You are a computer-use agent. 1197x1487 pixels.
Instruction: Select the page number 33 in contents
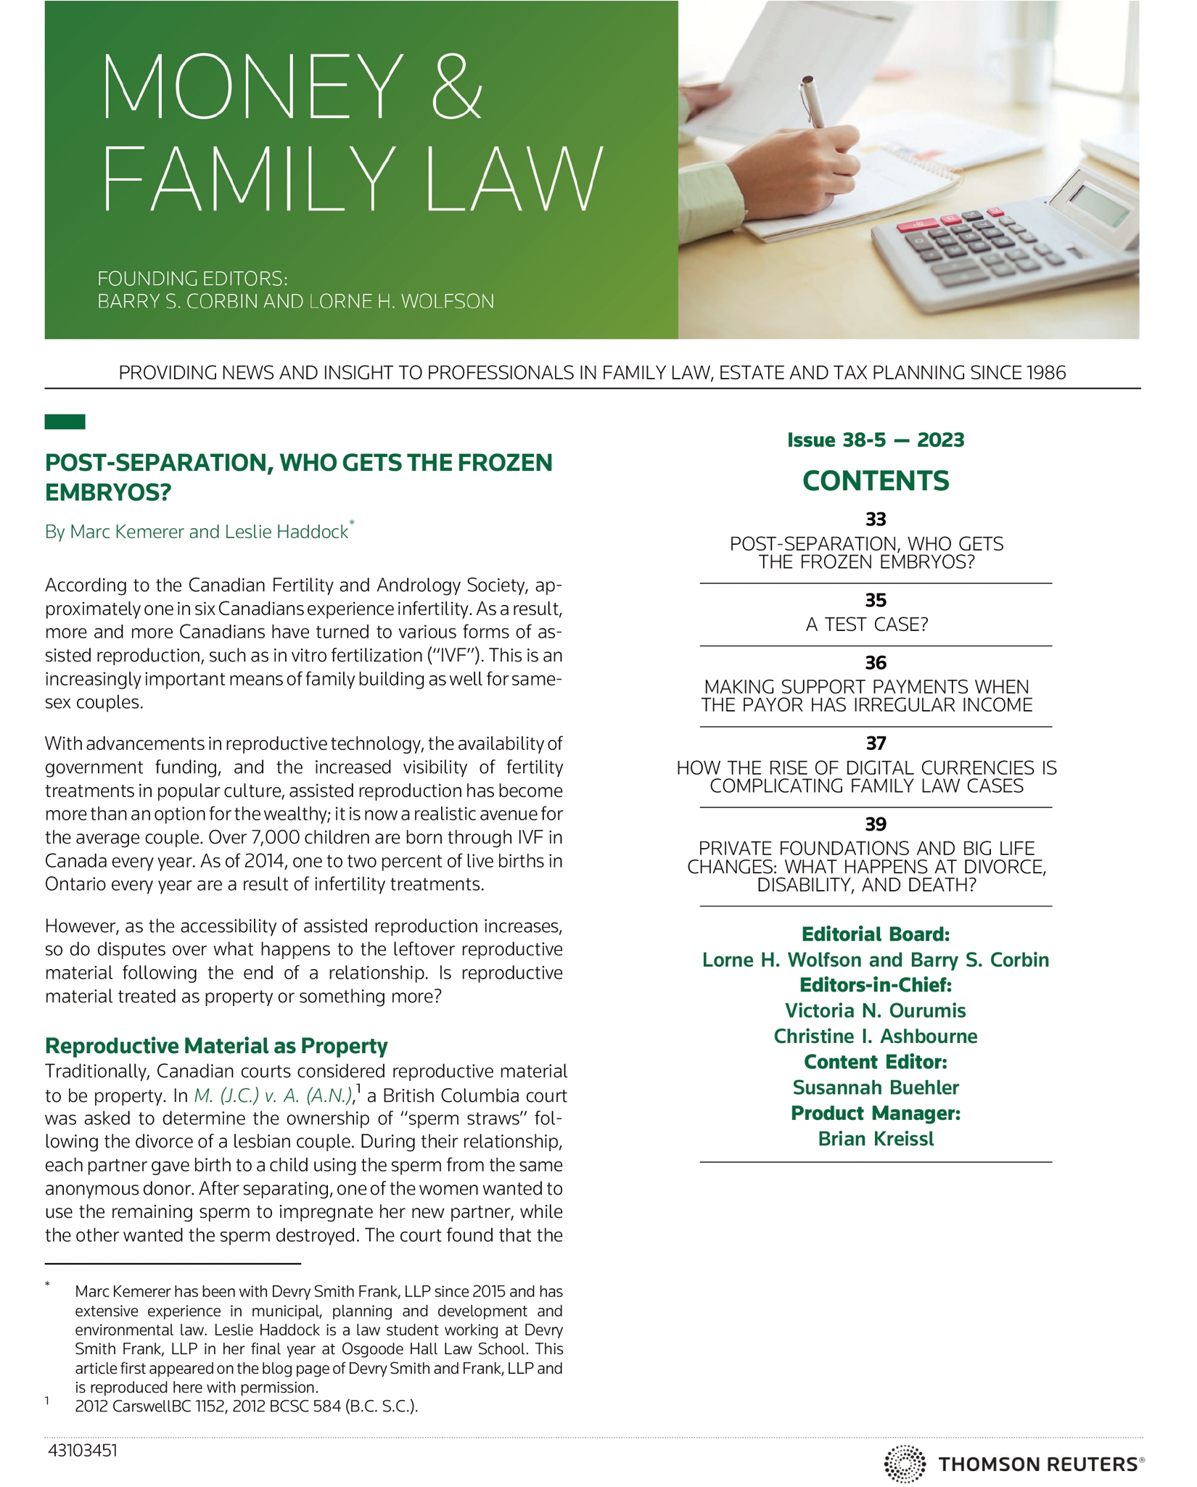coord(876,519)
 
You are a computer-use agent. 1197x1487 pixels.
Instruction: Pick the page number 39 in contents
coord(876,824)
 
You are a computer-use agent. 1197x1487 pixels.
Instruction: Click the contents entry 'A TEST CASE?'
coord(867,625)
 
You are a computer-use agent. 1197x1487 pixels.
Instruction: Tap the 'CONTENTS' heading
coord(876,481)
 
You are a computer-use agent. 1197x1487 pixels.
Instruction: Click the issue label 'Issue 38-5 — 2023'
coord(876,440)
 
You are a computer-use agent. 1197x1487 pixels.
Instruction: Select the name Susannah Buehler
coord(876,1087)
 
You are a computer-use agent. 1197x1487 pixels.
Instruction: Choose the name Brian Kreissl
coord(876,1139)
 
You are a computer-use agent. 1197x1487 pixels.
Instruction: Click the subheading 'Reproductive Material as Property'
coord(216,1045)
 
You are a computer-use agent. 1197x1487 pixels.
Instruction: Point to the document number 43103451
coord(82,1451)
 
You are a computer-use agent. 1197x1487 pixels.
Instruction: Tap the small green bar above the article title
coord(65,421)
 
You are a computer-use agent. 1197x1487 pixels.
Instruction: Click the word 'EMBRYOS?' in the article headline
coord(108,493)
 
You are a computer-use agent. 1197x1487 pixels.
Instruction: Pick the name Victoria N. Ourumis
coord(876,1010)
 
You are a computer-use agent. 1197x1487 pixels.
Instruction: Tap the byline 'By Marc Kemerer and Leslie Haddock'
coord(197,532)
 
